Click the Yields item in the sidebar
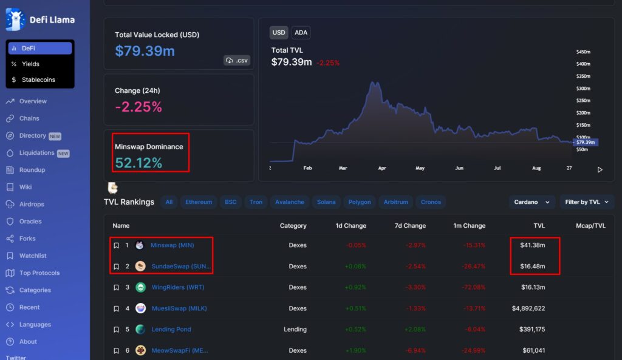(x=30, y=64)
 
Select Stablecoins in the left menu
(x=38, y=80)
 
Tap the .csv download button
(x=237, y=60)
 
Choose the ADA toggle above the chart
(x=301, y=33)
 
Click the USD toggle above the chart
(x=279, y=33)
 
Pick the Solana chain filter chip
(x=326, y=202)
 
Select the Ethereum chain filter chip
(x=199, y=202)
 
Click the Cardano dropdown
(x=532, y=202)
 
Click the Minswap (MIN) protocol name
(x=172, y=245)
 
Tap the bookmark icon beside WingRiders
(x=116, y=288)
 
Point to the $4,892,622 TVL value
(x=528, y=308)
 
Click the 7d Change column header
(x=410, y=226)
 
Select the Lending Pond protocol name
(x=171, y=330)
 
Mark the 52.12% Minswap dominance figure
(x=138, y=163)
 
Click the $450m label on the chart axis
(x=583, y=52)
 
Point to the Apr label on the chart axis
(x=381, y=168)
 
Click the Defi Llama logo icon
(x=15, y=19)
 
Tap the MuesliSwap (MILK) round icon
(x=140, y=308)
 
